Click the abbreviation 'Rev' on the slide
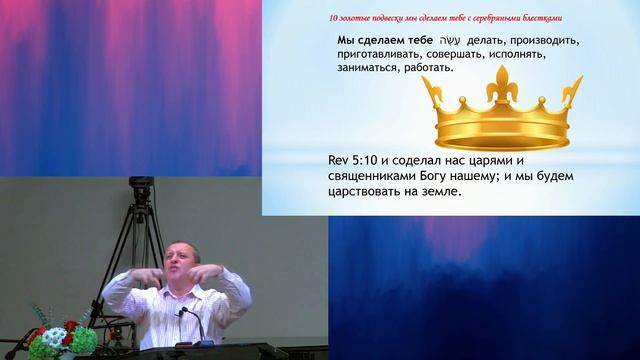pos(340,160)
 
